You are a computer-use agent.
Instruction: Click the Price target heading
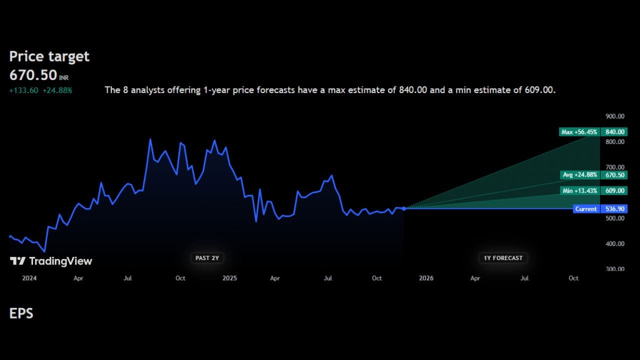pos(49,56)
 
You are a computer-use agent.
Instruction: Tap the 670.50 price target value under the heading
pos(33,75)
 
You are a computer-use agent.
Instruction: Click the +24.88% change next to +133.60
pos(57,90)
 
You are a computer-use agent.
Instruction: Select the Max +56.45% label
pos(579,132)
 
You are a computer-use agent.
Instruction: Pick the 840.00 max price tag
pos(614,132)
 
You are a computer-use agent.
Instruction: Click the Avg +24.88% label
pos(579,175)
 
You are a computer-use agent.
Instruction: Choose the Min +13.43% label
pos(579,191)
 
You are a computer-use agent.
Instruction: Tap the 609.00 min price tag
pos(614,191)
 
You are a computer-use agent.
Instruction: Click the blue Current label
pos(586,209)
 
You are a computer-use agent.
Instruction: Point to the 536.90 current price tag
pos(614,209)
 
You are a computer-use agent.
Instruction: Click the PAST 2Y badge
pos(207,258)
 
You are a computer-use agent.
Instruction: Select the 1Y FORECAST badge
pos(503,258)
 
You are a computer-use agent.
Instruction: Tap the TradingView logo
pos(51,261)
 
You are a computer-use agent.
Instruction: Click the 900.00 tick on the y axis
pos(615,116)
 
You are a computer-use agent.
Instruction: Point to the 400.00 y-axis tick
pos(615,244)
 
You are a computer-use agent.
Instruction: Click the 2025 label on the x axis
pos(229,278)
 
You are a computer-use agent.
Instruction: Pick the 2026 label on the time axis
pos(426,278)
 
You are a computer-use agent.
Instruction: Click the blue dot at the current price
pos(404,208)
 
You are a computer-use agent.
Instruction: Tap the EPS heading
pos(21,313)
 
